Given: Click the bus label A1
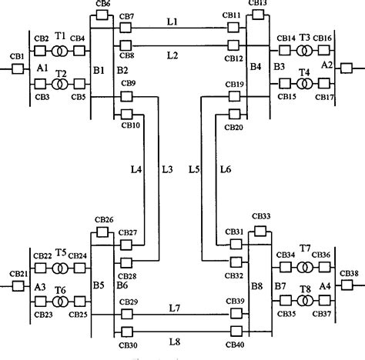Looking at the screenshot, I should tap(42, 68).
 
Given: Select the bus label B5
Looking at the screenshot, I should tap(99, 285).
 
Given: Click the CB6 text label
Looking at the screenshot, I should tap(103, 5).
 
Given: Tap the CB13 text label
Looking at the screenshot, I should tap(259, 4).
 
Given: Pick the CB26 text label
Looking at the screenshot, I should tap(104, 220).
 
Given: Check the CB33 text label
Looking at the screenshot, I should tap(261, 218).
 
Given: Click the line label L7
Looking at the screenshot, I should tap(176, 308).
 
